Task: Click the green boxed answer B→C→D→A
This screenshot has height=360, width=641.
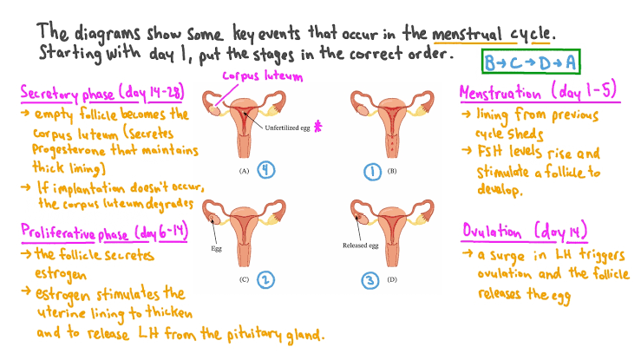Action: [530, 63]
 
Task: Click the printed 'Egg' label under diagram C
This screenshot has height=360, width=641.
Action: [218, 247]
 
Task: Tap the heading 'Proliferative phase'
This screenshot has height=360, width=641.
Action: [75, 233]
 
